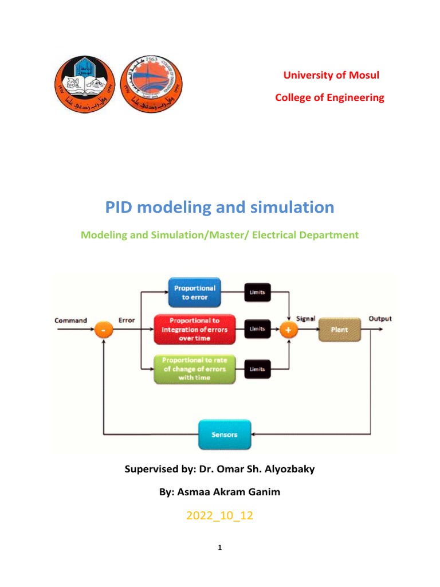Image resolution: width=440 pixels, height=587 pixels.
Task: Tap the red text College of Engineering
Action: [x=329, y=97]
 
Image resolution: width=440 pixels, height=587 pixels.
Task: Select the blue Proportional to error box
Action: [x=195, y=293]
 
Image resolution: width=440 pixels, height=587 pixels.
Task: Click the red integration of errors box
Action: [x=194, y=329]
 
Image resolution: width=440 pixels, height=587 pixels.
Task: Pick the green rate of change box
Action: [x=194, y=369]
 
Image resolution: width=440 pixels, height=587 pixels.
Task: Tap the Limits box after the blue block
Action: [x=257, y=293]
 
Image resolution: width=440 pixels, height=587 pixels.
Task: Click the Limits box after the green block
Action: [x=257, y=370]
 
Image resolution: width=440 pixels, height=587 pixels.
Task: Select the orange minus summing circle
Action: [x=104, y=331]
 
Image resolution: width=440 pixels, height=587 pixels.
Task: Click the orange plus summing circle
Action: [x=288, y=330]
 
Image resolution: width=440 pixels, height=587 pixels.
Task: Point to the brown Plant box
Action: [x=339, y=330]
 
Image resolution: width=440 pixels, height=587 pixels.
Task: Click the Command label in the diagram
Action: [x=71, y=320]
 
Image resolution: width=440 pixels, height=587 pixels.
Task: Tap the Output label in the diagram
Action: [x=380, y=319]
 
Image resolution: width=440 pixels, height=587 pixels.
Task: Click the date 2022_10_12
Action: [x=220, y=516]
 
